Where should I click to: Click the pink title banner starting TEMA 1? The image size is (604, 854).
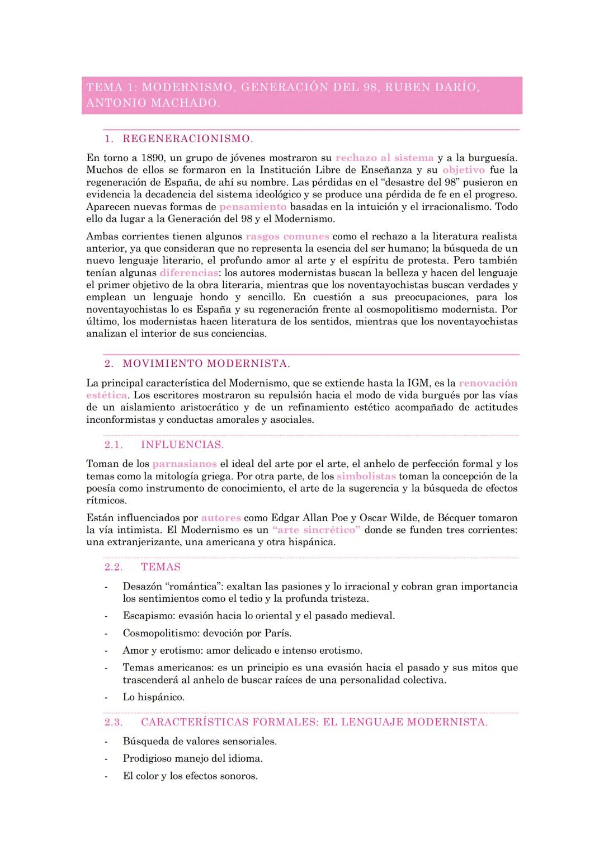click(302, 95)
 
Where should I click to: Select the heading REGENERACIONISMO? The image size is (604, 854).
click(188, 139)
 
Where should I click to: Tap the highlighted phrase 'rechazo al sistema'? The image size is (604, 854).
click(384, 158)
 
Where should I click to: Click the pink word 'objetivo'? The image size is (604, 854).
click(464, 170)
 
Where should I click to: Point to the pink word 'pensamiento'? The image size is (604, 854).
click(253, 206)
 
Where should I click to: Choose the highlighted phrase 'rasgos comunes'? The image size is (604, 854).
click(287, 236)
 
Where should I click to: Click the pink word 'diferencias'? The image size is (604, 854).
click(189, 273)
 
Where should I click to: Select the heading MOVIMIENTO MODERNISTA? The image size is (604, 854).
click(206, 364)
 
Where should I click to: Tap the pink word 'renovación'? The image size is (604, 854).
click(488, 383)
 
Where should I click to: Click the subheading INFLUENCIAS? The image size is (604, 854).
click(182, 445)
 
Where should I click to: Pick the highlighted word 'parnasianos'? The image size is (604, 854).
click(185, 464)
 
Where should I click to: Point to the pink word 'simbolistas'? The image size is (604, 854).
click(366, 476)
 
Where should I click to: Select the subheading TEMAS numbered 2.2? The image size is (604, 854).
click(161, 567)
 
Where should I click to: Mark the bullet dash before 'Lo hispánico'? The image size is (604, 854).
click(106, 697)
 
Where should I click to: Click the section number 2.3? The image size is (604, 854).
click(114, 722)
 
